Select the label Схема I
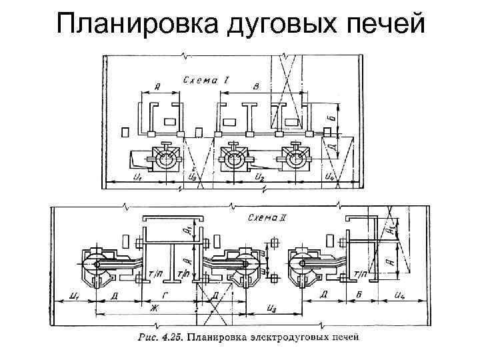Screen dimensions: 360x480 pyautogui.click(x=207, y=80)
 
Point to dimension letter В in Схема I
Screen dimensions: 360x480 pyautogui.click(x=257, y=87)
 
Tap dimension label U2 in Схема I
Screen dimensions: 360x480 pyautogui.click(x=259, y=177)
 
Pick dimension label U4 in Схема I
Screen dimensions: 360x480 pyautogui.click(x=329, y=177)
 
